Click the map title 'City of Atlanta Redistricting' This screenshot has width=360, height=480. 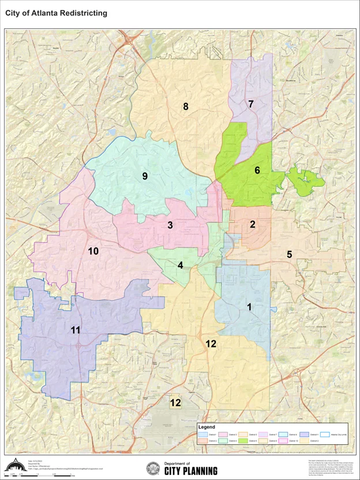click(56, 13)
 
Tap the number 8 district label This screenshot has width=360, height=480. click(185, 106)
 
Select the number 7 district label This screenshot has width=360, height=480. click(251, 104)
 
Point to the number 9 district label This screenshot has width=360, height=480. click(145, 176)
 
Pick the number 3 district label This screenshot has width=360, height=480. click(170, 225)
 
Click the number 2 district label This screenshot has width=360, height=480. click(252, 225)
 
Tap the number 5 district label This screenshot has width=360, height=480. click(290, 254)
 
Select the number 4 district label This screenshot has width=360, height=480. click(181, 265)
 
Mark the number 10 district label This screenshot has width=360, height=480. click(93, 251)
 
